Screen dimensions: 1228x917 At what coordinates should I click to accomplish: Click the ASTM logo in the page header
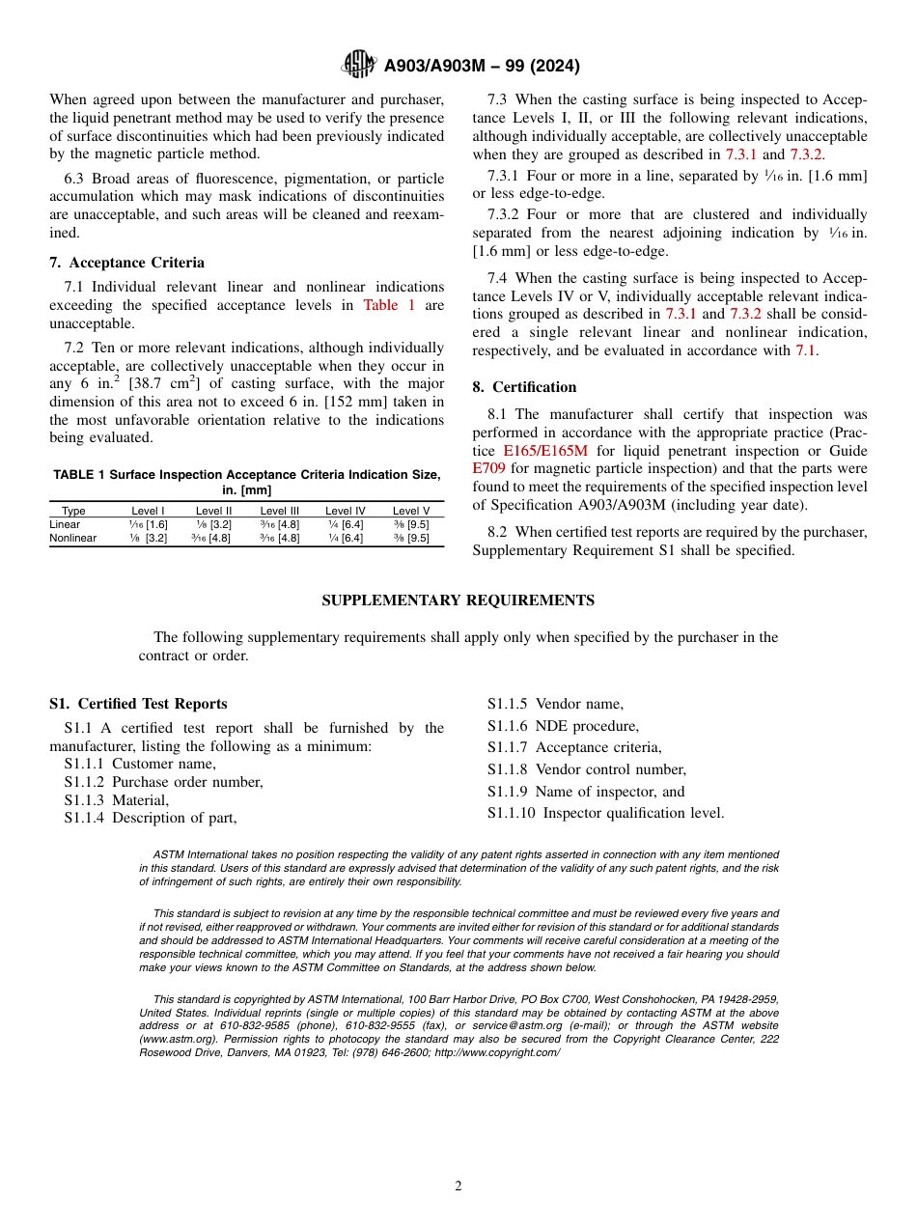[359, 66]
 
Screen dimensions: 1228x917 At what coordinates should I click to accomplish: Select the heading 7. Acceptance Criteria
[126, 263]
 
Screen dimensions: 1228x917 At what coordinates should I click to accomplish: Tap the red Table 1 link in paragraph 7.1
[388, 306]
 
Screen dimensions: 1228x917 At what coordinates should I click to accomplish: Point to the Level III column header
[279, 511]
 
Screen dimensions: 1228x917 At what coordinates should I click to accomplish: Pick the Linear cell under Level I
[148, 524]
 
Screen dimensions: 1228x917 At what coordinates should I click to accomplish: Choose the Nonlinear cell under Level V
[410, 538]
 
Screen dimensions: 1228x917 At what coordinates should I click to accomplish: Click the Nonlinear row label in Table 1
[73, 538]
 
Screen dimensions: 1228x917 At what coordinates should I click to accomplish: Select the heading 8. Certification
[524, 387]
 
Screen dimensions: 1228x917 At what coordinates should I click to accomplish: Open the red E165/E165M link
[545, 451]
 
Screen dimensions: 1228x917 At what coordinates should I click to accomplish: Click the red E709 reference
[488, 468]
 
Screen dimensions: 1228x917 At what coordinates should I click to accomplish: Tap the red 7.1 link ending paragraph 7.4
[805, 350]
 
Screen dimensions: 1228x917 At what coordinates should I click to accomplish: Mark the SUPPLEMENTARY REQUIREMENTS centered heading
[458, 600]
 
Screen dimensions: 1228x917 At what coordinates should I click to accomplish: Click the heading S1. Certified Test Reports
[138, 704]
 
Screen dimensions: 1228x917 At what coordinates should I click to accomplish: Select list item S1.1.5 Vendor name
[555, 704]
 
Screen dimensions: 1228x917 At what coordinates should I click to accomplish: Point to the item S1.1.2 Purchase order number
[163, 782]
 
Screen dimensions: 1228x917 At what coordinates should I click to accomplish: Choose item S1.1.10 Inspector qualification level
[605, 813]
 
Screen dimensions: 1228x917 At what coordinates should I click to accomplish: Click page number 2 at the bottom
[458, 1186]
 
